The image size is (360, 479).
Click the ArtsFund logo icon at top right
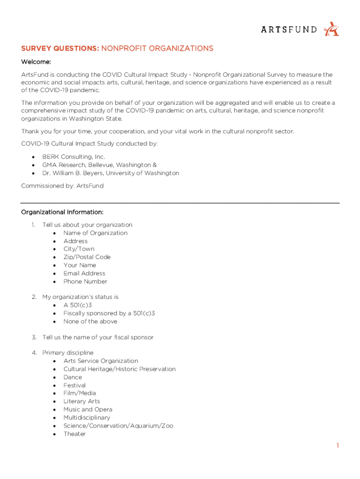332,29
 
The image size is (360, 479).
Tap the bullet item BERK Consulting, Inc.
73,157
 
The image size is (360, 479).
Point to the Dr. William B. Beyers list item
110,173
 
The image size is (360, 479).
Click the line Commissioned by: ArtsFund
62,186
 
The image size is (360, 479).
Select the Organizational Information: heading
59,212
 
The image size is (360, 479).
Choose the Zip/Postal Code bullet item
87,257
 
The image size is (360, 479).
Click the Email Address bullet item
84,273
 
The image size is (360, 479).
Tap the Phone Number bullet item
85,282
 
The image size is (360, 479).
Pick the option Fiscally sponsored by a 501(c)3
109,313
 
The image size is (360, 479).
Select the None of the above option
90,321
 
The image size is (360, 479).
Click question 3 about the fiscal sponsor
98,337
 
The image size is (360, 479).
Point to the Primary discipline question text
68,353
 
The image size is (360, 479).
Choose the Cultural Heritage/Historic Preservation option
119,369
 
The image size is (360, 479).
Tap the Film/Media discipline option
79,393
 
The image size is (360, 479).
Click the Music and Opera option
88,409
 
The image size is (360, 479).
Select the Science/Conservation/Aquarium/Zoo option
118,426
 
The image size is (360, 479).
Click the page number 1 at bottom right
337,446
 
